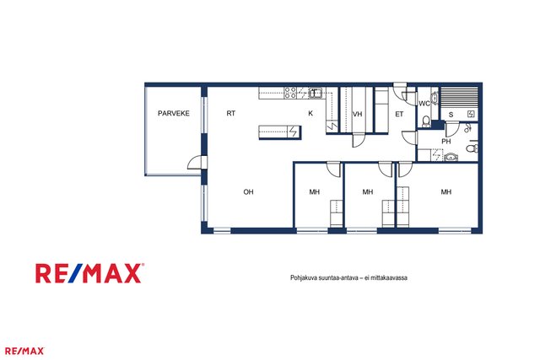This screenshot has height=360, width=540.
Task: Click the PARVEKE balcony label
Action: pos(174,113)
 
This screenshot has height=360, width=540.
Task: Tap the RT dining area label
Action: pos(230,113)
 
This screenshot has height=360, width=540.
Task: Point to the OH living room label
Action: pos(248,192)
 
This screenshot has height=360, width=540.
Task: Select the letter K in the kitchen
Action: pos(310,113)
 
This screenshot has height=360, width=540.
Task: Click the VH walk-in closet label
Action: pos(358,114)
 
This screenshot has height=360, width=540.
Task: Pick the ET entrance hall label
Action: pos(399,114)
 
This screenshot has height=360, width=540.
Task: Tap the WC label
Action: pos(424,103)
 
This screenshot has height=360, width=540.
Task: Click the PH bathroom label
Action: pos(446,142)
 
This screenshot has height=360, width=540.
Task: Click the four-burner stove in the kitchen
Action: pos(290,93)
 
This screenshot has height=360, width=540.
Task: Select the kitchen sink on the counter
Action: pos(315,93)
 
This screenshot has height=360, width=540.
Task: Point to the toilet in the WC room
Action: pos(426,121)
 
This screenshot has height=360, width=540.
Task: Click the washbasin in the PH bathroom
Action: pos(451,158)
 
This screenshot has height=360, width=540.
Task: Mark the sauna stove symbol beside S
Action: pos(471,114)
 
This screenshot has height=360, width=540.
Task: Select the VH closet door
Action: pos(358,140)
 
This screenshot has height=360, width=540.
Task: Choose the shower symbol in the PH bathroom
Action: pos(467,128)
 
